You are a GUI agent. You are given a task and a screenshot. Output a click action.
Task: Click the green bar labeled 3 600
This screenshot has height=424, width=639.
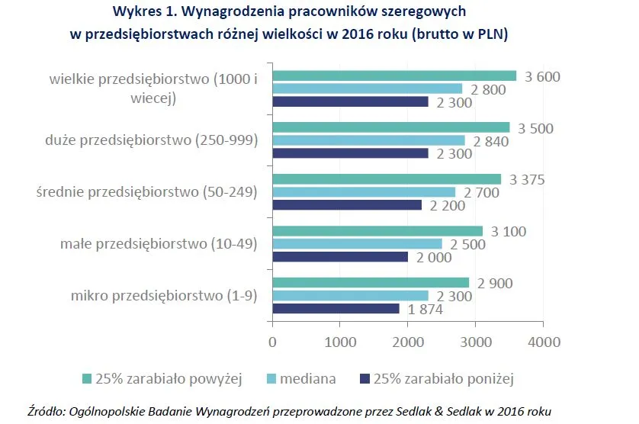coord(394,75)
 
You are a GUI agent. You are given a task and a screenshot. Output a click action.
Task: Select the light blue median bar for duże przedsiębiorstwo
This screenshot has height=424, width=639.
coord(368,140)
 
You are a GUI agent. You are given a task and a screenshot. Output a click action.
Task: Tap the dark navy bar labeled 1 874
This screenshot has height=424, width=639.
coord(336,308)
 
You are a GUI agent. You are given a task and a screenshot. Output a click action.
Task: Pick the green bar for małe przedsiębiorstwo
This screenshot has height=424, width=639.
coord(377,231)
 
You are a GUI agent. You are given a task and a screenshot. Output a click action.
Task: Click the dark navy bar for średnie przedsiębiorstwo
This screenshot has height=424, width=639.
coord(347,204)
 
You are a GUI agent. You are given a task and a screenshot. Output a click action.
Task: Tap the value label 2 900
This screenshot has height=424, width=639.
coord(495,283)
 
